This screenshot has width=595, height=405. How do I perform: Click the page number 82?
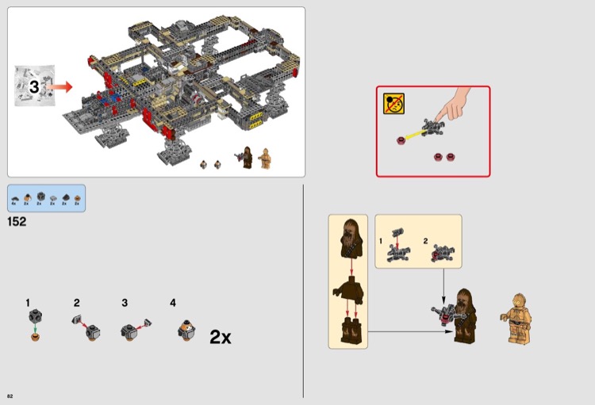pos(10,396)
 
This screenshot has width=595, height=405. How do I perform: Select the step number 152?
pos(17,222)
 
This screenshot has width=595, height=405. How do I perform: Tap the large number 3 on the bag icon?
pos(34,87)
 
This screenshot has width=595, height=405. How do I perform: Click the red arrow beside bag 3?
pos(59,86)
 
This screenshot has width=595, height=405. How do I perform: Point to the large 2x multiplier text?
pos(221,337)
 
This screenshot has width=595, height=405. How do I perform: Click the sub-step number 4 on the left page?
pos(173,303)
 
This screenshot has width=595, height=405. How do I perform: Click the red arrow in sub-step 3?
pos(140,324)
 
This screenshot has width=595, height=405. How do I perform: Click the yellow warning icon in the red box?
pos(393,102)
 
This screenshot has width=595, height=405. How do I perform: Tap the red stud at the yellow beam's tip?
pos(401,141)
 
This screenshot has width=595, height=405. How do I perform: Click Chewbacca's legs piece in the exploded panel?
pos(349,330)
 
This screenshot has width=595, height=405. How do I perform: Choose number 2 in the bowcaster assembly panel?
pos(425,240)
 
